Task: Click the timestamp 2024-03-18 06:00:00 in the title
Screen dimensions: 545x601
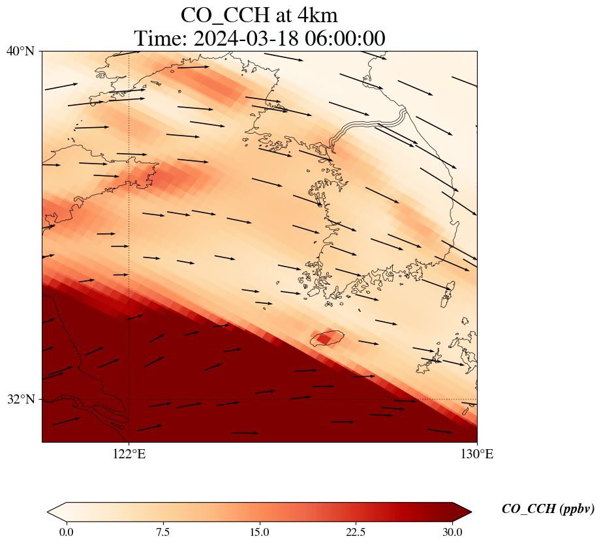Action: point(290,38)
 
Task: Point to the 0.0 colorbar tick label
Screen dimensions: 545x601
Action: point(66,532)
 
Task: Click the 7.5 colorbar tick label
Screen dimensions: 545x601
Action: point(162,532)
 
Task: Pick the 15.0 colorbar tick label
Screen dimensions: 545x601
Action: point(259,532)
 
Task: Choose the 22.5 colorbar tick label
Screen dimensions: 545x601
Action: point(356,532)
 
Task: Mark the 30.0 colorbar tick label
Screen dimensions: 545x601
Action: point(452,532)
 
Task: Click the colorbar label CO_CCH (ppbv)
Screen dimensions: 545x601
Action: point(547,509)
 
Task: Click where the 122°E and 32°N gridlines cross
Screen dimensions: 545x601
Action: point(129,399)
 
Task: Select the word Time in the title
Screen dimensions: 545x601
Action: point(161,38)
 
